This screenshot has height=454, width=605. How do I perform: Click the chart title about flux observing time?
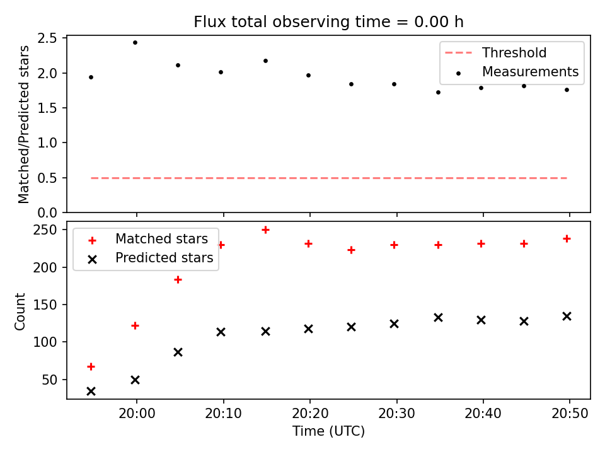[328, 22]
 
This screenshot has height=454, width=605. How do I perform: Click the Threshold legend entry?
[496, 52]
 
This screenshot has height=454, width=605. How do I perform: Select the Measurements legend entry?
[517, 72]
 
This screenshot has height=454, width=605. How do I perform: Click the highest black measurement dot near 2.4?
[135, 42]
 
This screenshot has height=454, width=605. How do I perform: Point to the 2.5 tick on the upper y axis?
[47, 38]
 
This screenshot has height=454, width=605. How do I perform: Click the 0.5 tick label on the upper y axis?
[47, 178]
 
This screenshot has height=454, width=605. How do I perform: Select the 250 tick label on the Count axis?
[45, 230]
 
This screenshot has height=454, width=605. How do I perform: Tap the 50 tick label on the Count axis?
[49, 380]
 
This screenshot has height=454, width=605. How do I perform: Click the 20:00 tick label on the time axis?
[137, 414]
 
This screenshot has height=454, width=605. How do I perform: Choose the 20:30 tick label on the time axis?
[396, 414]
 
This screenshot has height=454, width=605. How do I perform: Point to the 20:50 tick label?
[570, 414]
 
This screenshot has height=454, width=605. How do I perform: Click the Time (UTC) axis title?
[328, 431]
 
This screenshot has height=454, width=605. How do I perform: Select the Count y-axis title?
[20, 311]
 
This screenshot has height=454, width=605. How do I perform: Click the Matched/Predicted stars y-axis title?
[23, 124]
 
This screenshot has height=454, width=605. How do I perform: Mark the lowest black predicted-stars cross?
[91, 392]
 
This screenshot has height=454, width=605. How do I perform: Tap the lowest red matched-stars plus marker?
[91, 367]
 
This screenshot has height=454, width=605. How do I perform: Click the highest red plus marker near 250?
[265, 230]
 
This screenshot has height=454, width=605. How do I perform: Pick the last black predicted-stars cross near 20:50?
[567, 317]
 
